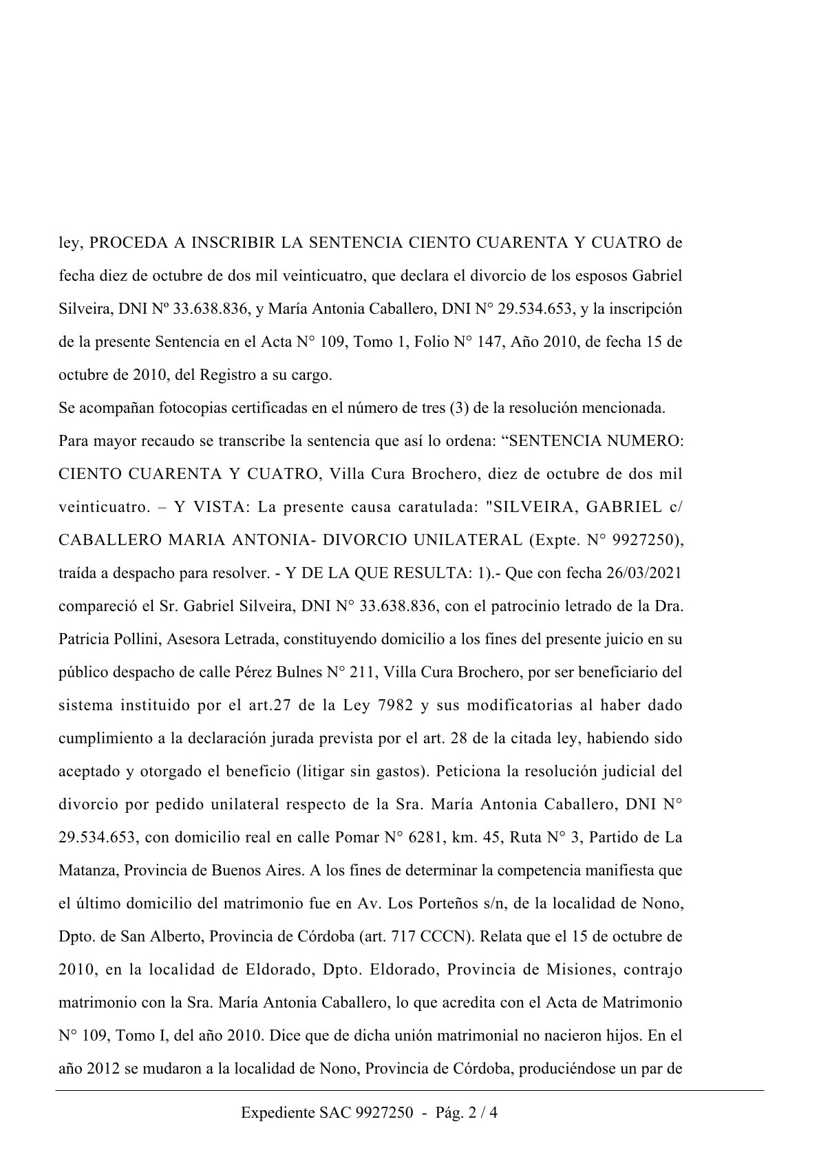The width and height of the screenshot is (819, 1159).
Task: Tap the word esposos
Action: [601, 276]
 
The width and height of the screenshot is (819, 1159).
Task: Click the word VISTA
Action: [210, 507]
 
